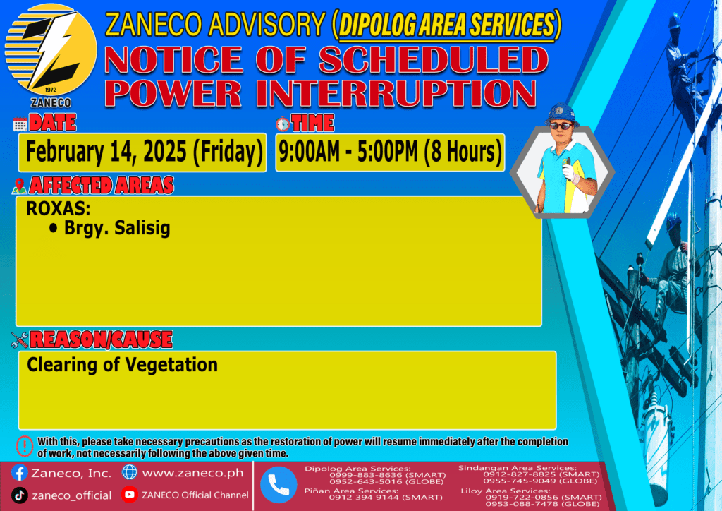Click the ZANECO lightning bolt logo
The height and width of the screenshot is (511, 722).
[51, 50]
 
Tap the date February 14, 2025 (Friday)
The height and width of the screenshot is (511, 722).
[144, 152]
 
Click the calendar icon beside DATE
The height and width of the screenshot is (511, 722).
[20, 124]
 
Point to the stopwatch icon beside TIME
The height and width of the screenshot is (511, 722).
[283, 124]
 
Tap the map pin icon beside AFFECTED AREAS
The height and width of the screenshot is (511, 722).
[19, 186]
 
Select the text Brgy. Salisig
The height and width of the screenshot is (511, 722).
[117, 228]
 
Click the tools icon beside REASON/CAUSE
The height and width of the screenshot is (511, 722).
[20, 340]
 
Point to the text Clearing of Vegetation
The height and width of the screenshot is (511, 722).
[122, 365]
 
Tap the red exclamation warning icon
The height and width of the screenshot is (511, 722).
[25, 446]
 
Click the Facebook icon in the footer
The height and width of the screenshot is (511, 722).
[19, 473]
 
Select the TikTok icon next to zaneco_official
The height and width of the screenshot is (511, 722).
[19, 495]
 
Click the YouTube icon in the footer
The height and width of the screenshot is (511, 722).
[130, 494]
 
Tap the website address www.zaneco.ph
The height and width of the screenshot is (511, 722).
[192, 473]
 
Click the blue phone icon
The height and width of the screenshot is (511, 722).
[279, 485]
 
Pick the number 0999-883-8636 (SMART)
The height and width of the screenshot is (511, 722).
[388, 475]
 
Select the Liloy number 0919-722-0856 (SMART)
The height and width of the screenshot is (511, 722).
[544, 497]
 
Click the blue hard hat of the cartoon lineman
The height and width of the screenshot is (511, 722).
[561, 114]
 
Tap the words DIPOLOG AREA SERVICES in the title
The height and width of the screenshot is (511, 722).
[446, 25]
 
